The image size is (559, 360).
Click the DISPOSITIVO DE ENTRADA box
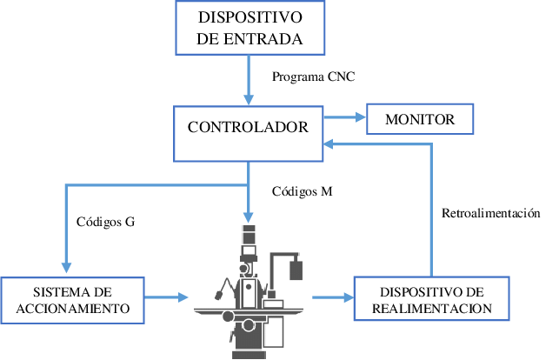(250, 28)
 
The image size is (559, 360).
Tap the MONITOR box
(420, 119)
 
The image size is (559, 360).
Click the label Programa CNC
(313, 77)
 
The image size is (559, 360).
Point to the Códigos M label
(302, 190)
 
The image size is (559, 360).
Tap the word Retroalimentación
(491, 213)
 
